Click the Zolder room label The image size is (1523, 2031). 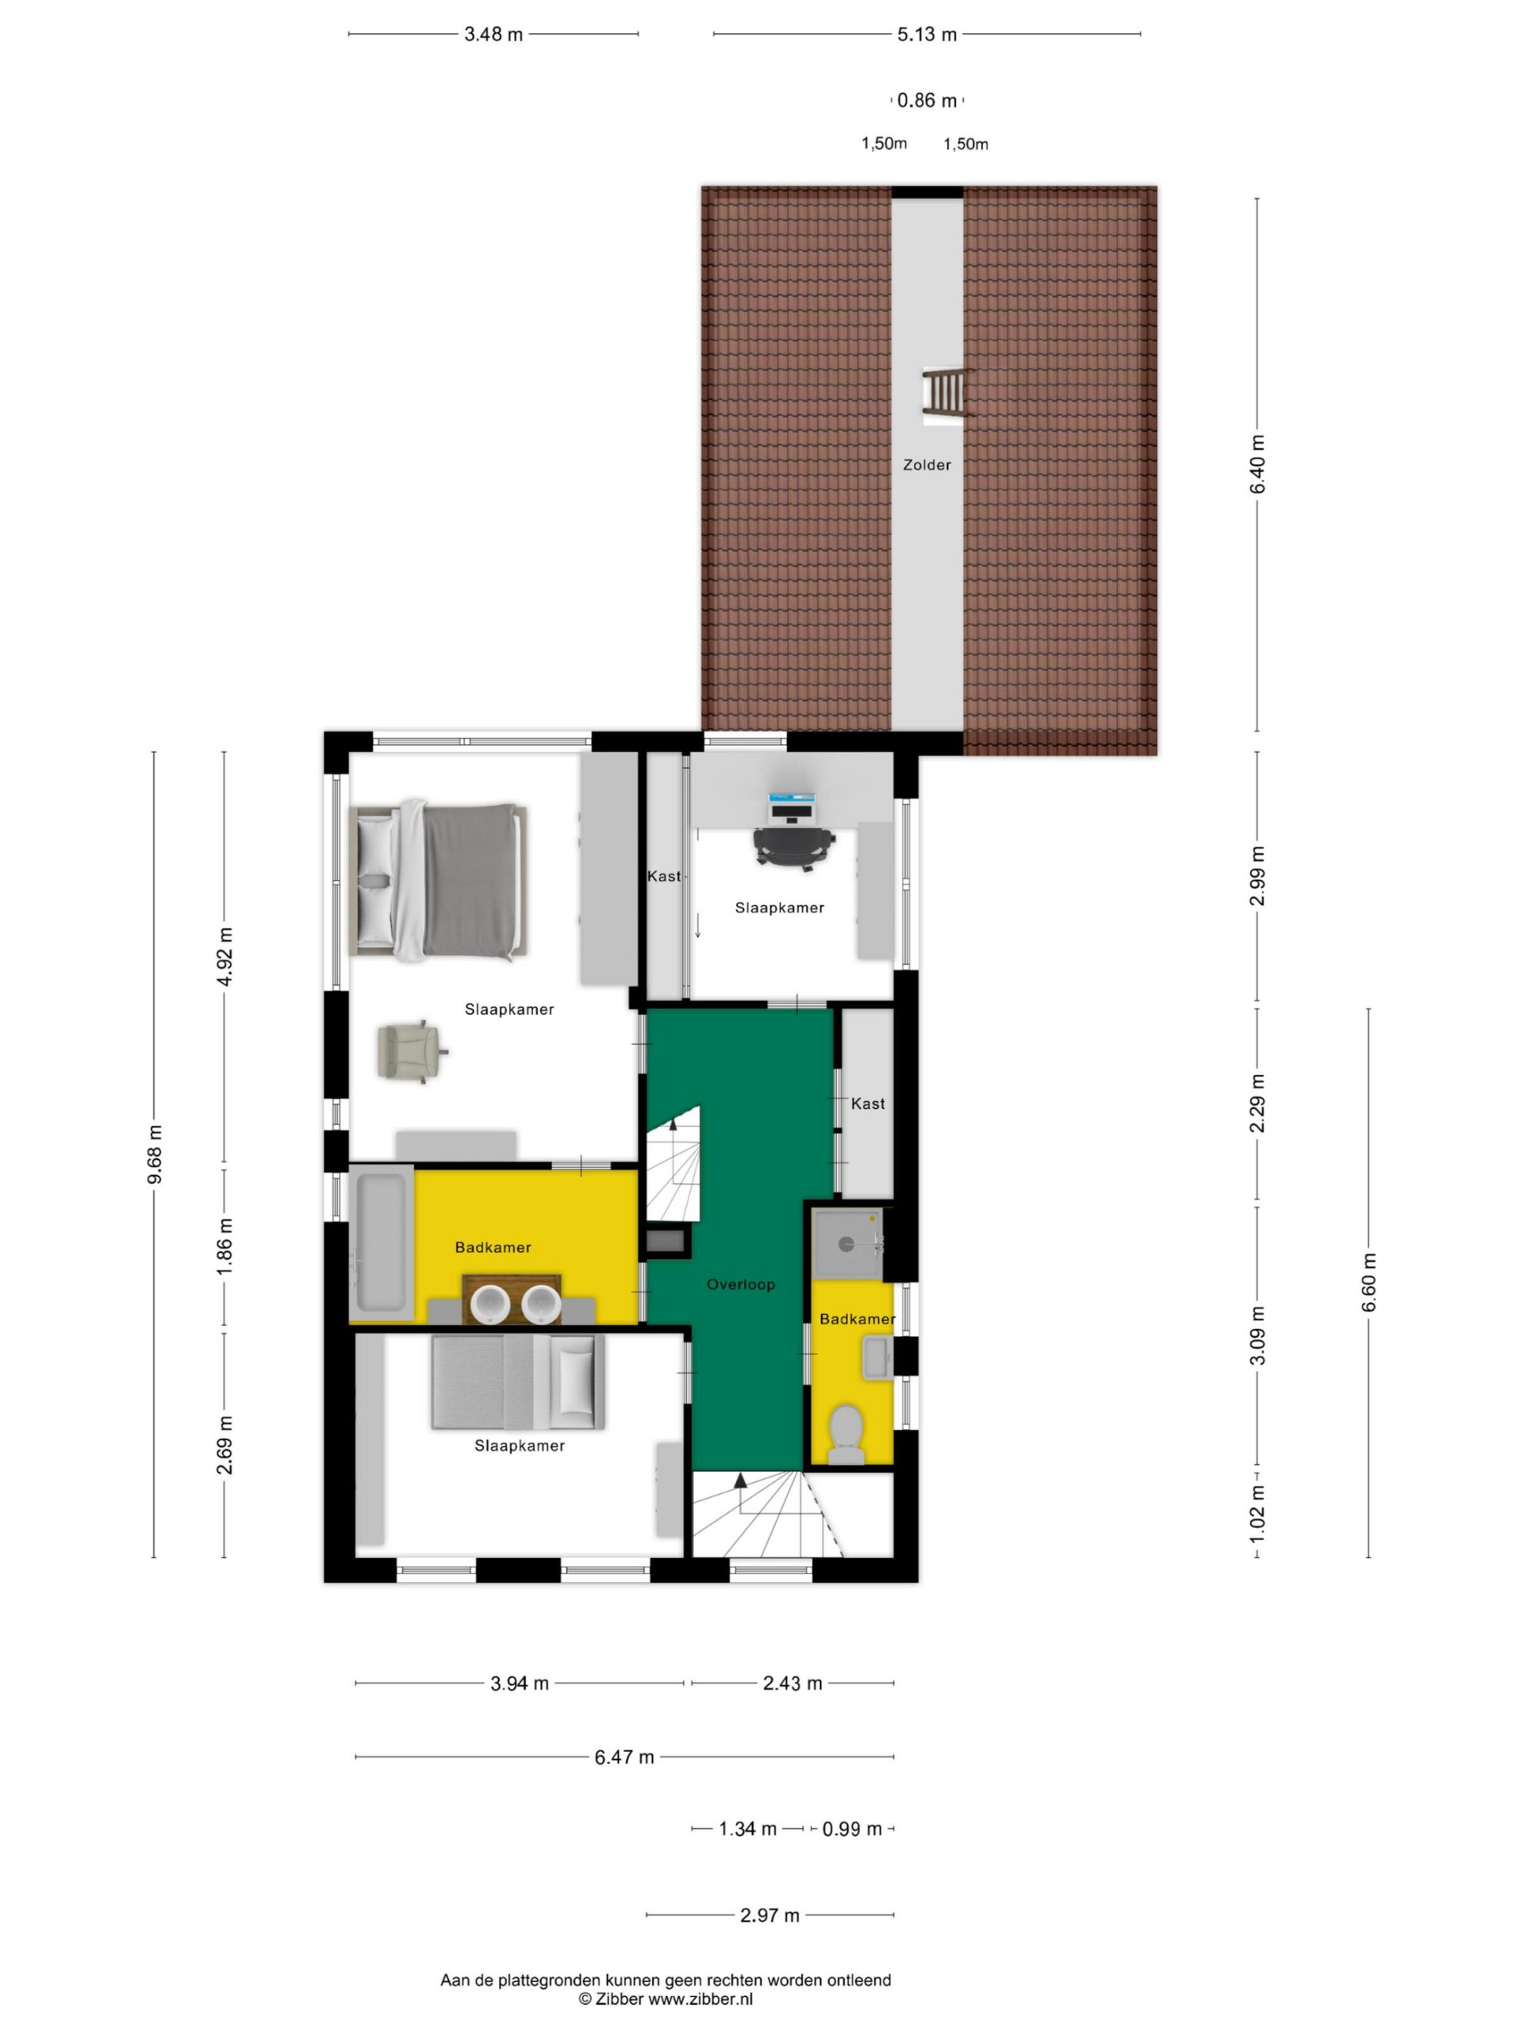(926, 465)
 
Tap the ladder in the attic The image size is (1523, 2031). (944, 395)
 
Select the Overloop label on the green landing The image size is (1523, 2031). (740, 1284)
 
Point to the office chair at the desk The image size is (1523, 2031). (793, 847)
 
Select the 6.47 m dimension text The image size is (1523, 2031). (624, 1756)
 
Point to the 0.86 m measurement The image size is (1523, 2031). (926, 100)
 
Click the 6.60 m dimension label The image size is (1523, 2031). (1369, 1282)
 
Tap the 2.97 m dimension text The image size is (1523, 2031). (769, 1915)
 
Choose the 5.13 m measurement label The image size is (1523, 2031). (926, 35)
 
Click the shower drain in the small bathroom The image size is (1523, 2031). (846, 1244)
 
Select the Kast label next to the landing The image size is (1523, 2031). (868, 1104)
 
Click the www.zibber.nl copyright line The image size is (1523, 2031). (665, 1998)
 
